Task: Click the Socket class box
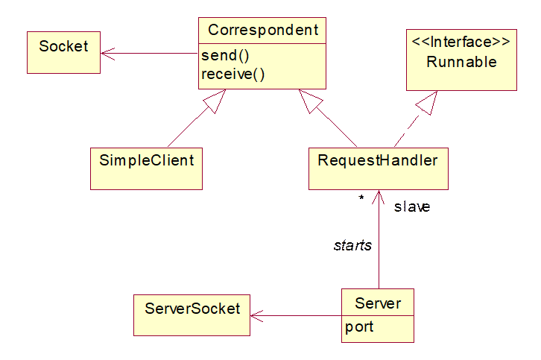[63, 51]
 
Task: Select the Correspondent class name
[262, 30]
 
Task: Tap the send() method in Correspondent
[224, 57]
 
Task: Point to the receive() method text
[233, 74]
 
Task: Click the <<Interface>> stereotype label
[461, 42]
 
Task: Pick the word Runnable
[461, 62]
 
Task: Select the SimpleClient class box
[146, 168]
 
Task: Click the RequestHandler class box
[378, 168]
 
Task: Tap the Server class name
[378, 303]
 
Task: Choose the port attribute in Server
[359, 327]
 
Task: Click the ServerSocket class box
[192, 314]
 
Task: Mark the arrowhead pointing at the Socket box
[107, 53]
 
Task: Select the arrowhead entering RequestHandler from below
[380, 195]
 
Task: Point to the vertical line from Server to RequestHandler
[380, 246]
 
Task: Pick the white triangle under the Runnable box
[425, 104]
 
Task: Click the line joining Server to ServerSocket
[298, 315]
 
